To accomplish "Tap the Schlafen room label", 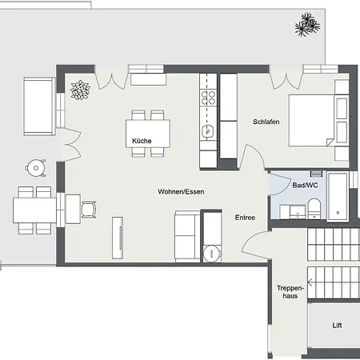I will pos(265,122).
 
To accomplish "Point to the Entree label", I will pos(245,217).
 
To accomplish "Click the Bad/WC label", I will pos(305,185).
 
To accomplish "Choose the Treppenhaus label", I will pos(288,292).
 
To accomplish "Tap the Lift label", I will pos(337,326).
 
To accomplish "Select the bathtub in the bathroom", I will pos(338,196).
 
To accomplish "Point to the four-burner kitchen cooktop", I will pos(209,98).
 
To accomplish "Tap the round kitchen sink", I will pos(208,131).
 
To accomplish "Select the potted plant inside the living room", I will pos(81,90).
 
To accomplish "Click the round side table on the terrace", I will pos(34,168).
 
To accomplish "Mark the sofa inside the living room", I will pos(186,234).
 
